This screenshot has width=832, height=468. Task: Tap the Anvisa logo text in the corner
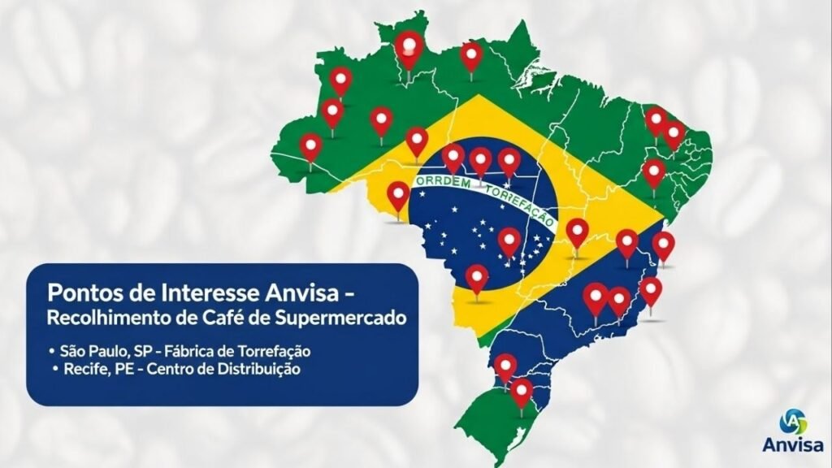coord(793,444)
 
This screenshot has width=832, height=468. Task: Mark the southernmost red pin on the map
coord(522,392)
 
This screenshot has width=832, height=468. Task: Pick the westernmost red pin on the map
coord(310,147)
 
